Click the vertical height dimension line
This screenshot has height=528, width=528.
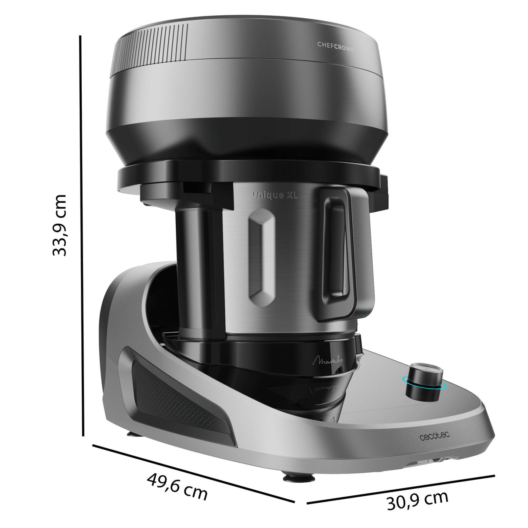(x=81, y=235)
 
